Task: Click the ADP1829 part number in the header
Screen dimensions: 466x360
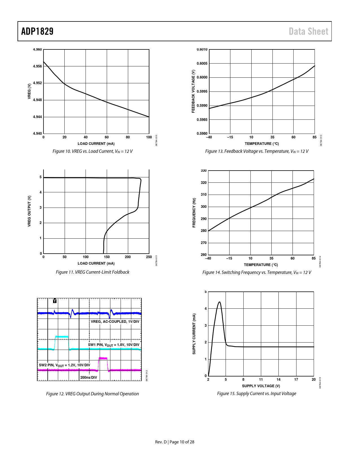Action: (37, 31)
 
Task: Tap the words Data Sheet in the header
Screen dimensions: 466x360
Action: (308, 31)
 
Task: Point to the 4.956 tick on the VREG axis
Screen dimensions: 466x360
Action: (37, 66)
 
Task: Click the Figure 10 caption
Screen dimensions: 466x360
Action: (92, 151)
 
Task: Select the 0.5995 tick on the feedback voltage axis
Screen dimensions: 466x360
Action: (202, 92)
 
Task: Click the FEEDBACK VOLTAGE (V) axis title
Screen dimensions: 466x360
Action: (193, 91)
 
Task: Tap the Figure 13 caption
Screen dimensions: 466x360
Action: (257, 151)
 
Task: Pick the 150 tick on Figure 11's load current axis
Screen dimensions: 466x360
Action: (107, 257)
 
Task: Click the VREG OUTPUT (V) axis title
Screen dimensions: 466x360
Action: (29, 211)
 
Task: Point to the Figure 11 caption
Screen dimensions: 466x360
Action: (92, 272)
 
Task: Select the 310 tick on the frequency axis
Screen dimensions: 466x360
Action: (204, 195)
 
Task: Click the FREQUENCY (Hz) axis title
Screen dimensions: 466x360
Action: (194, 213)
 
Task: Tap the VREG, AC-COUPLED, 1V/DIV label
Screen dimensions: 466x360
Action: (115, 322)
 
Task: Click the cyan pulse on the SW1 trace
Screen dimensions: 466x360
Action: (62, 337)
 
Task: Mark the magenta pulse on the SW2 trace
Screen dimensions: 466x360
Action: (103, 358)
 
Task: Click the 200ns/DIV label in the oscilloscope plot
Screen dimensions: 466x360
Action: (89, 378)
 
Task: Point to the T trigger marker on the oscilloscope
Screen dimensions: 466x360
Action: (55, 301)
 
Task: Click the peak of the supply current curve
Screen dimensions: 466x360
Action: (219, 302)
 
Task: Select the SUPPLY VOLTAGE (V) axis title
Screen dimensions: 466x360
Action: (261, 386)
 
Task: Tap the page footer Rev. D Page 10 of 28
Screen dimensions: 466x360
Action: (174, 442)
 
